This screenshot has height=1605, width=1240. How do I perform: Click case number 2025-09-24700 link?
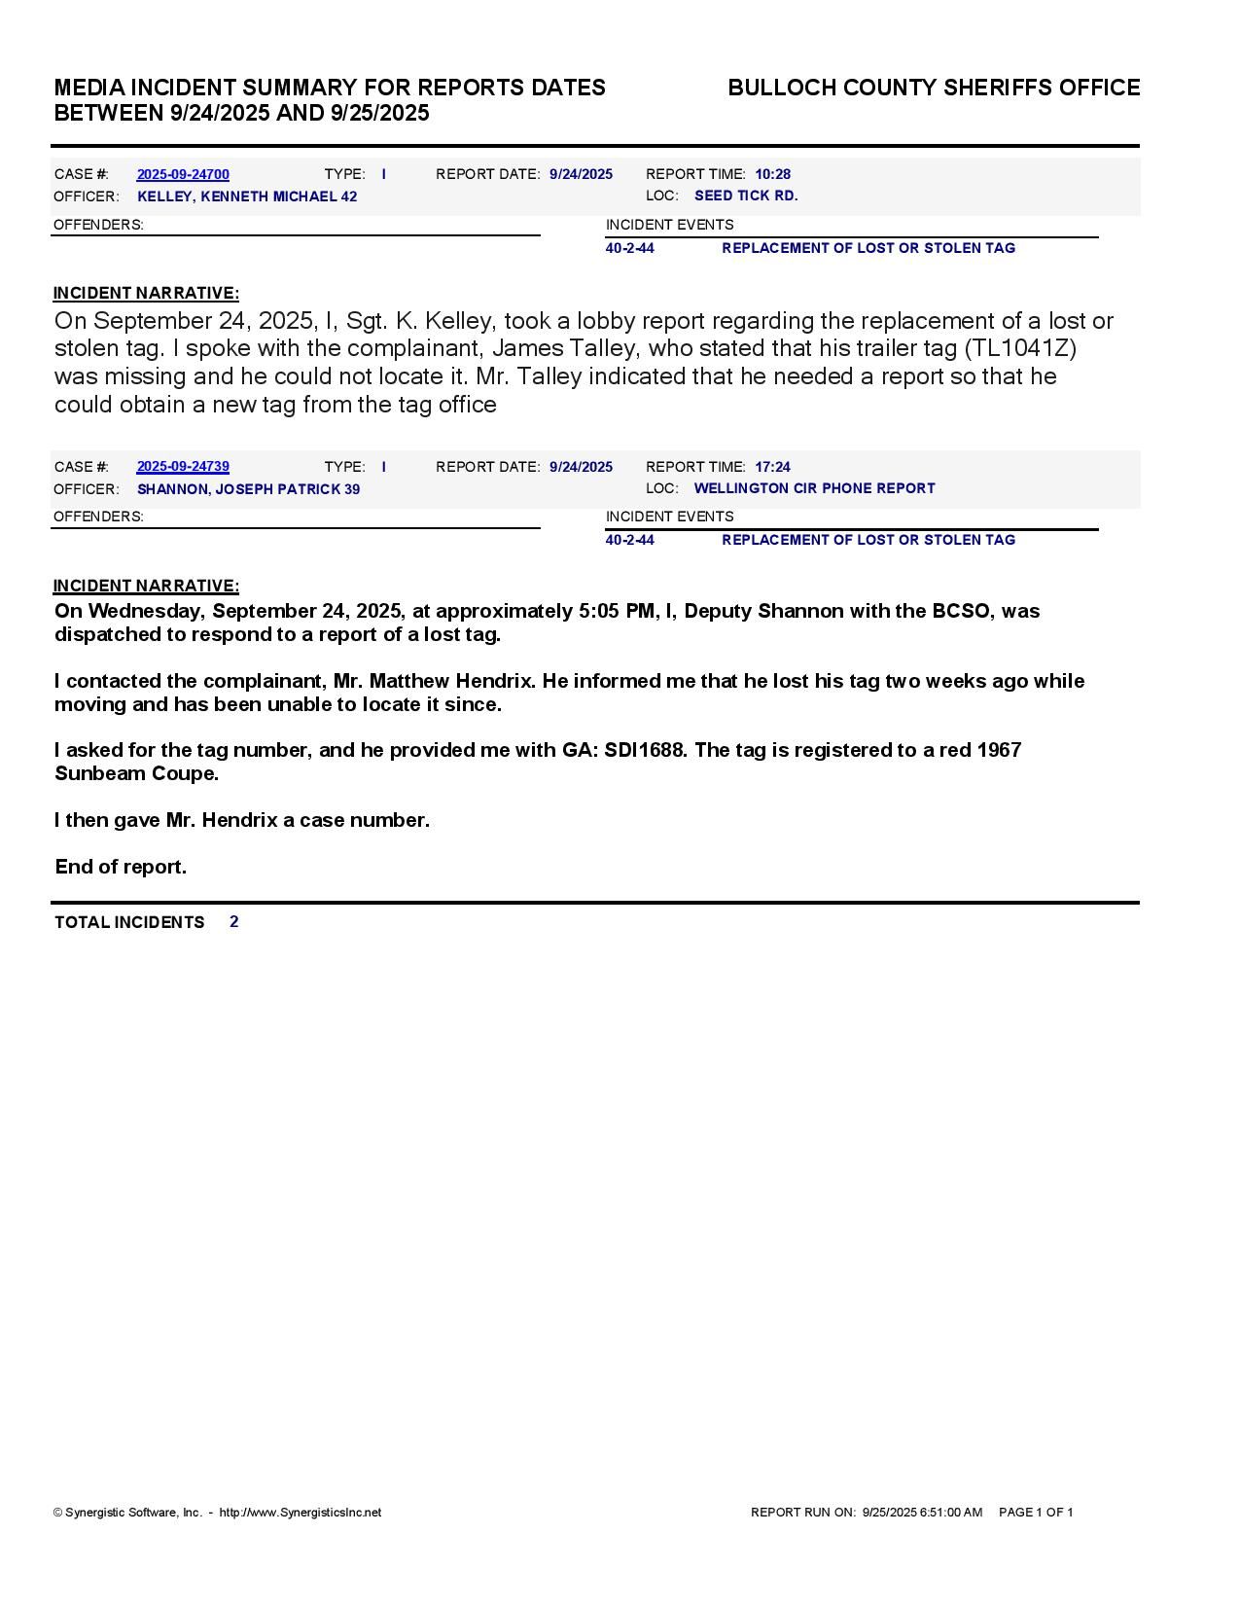coord(183,174)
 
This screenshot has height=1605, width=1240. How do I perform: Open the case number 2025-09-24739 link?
coord(183,467)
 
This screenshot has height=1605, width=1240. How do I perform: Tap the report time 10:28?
coord(772,174)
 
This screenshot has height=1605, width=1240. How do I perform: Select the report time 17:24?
coord(772,467)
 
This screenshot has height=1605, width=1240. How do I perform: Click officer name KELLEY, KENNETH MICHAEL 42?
coord(247,196)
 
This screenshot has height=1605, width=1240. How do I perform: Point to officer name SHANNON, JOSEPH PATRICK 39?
coord(248,489)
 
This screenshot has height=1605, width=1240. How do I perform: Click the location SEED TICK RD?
coord(746,196)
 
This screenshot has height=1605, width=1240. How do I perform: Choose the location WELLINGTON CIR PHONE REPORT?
coord(814,488)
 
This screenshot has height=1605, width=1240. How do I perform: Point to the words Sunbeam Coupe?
coord(136,773)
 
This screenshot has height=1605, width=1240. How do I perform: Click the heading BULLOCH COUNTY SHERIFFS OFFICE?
coord(934,88)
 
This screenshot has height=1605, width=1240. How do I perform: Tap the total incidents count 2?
coord(234,921)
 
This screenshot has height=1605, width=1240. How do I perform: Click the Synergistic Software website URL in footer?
coord(300,1513)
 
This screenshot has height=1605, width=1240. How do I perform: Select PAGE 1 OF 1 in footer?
coord(1036,1513)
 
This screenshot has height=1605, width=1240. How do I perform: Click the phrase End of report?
coord(121,867)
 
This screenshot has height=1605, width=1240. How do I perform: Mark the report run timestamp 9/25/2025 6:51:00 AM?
coord(922,1513)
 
